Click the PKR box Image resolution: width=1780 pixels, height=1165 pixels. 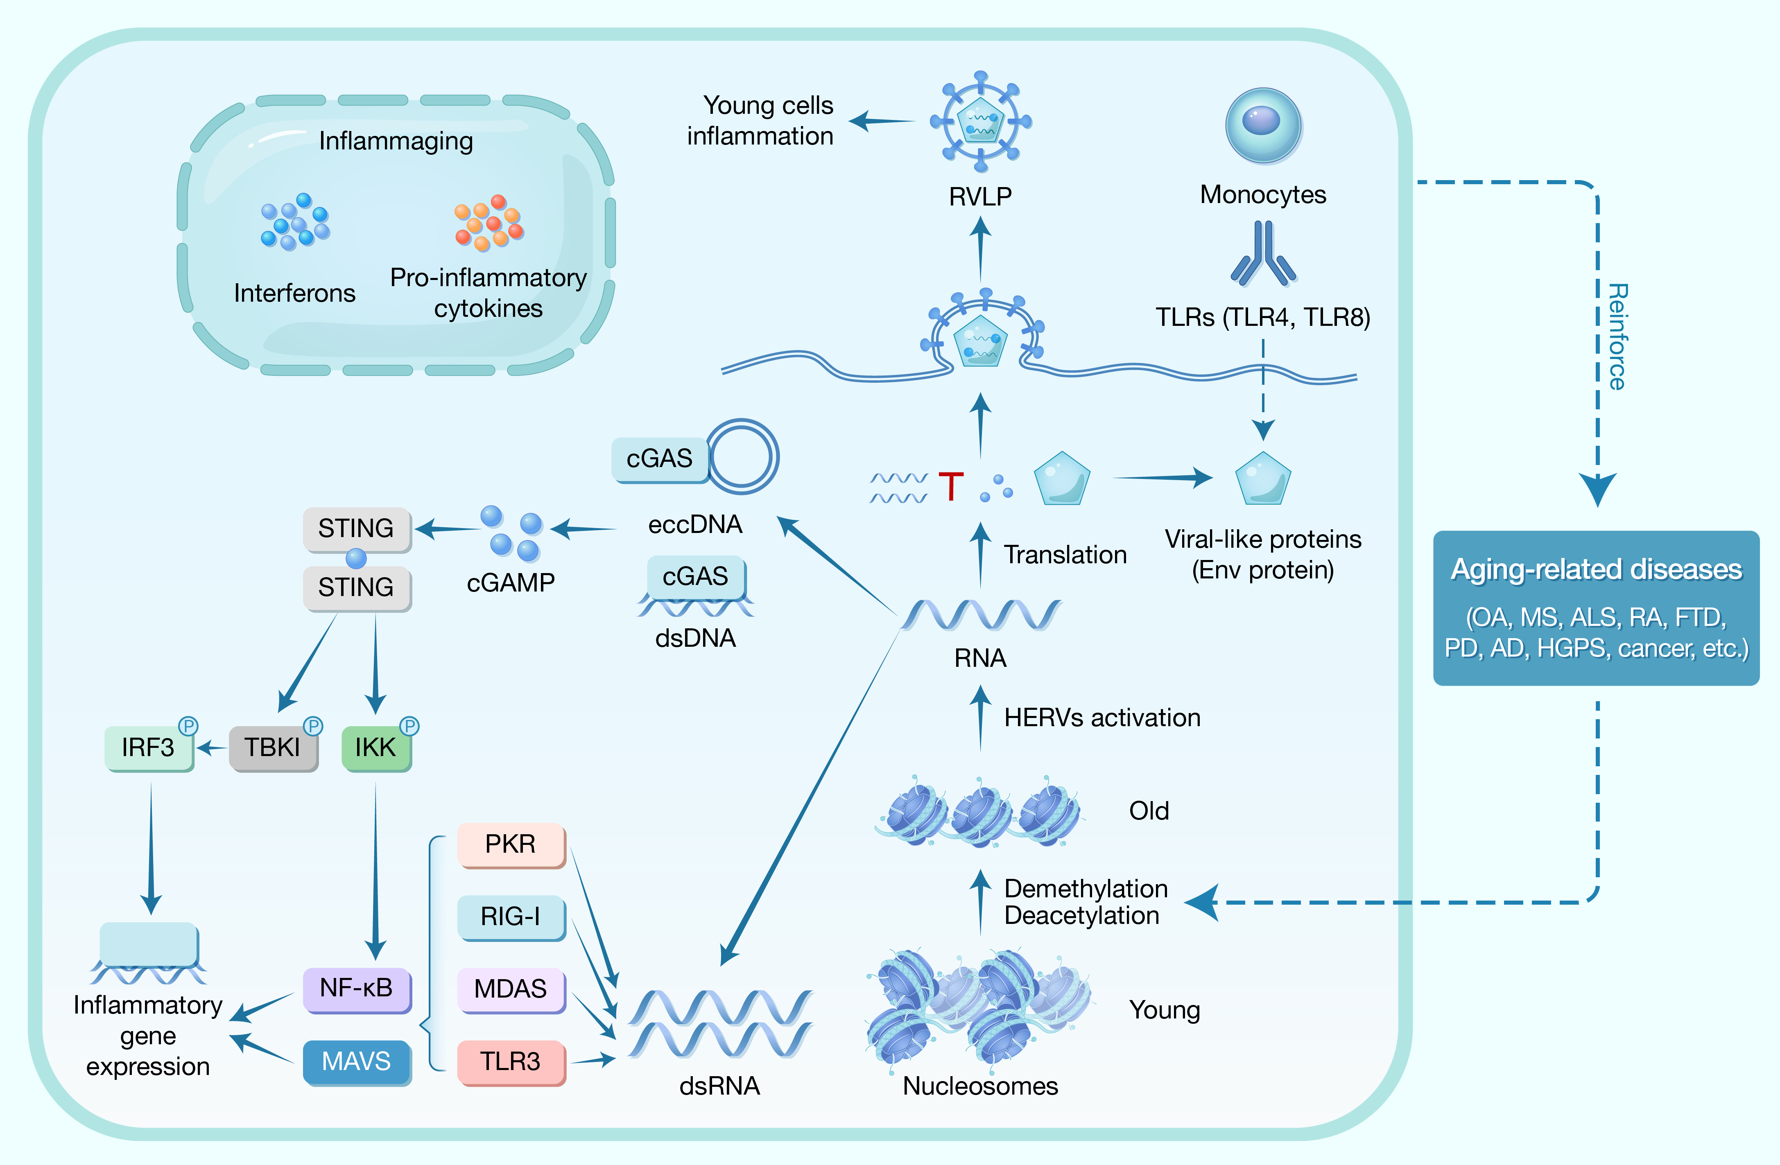click(511, 844)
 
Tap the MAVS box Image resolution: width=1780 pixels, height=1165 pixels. click(357, 1061)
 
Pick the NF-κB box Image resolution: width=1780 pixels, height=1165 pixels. click(357, 989)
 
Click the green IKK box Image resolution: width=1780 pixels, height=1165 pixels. click(375, 747)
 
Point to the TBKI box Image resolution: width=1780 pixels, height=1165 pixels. click(273, 747)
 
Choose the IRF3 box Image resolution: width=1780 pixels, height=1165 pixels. click(148, 747)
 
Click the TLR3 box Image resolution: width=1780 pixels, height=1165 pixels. click(511, 1061)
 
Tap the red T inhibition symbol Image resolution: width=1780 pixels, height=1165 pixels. click(950, 486)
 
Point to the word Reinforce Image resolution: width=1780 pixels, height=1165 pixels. click(1617, 336)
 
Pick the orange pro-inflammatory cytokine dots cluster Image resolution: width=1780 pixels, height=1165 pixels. click(489, 223)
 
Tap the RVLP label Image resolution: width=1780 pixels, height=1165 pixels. click(980, 196)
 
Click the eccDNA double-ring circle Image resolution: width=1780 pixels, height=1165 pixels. click(744, 456)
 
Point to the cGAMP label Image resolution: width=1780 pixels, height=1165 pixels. click(511, 582)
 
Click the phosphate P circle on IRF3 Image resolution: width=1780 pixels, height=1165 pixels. click(188, 725)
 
